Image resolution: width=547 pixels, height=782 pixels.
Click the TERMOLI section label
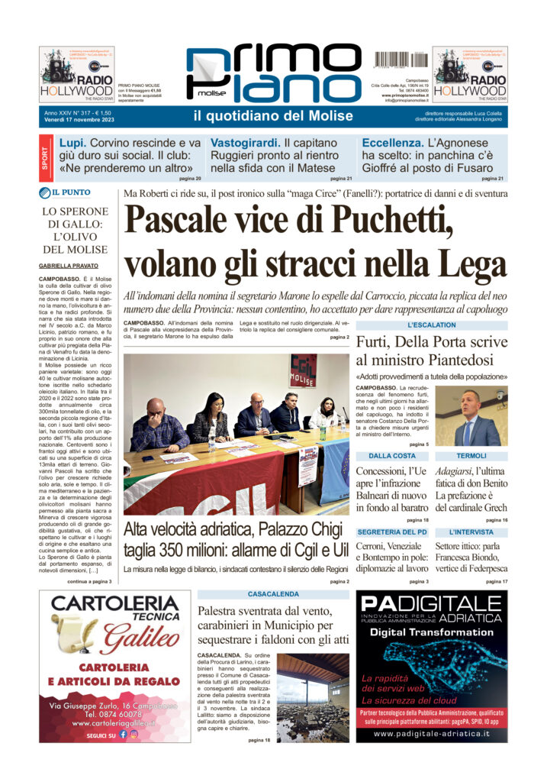point(471,455)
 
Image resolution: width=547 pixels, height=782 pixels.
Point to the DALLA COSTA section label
point(392,455)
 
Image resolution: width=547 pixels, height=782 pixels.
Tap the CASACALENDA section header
point(272,593)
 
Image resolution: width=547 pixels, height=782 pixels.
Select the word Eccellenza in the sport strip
point(392,143)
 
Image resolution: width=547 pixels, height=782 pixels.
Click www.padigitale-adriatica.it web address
point(432,733)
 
